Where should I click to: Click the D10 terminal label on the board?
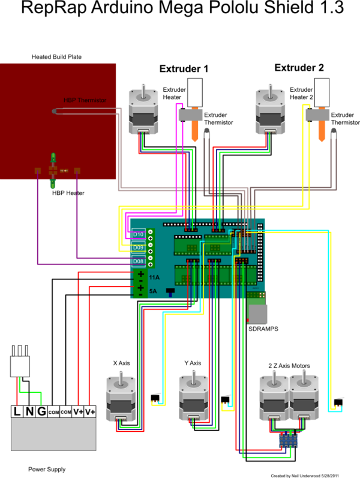point(138,234)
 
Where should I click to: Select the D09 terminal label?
point(138,247)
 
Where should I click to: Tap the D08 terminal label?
point(138,261)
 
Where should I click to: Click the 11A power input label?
point(154,277)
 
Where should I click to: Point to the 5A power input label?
point(153,291)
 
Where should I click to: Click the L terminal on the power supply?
point(17,411)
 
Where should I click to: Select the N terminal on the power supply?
point(29,411)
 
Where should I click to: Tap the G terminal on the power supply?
point(41,411)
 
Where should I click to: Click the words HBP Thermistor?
point(85,100)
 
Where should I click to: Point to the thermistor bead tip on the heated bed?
point(55,111)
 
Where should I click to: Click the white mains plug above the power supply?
point(20,365)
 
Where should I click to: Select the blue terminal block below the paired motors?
point(289,441)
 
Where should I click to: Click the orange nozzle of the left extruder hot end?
point(194,131)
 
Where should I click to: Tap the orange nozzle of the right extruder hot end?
point(322,131)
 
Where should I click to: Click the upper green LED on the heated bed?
point(53,157)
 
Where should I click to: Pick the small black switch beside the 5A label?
point(170,293)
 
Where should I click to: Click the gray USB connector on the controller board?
point(257,314)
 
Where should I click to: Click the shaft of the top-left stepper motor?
point(143,89)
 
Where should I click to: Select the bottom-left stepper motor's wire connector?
point(120,419)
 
